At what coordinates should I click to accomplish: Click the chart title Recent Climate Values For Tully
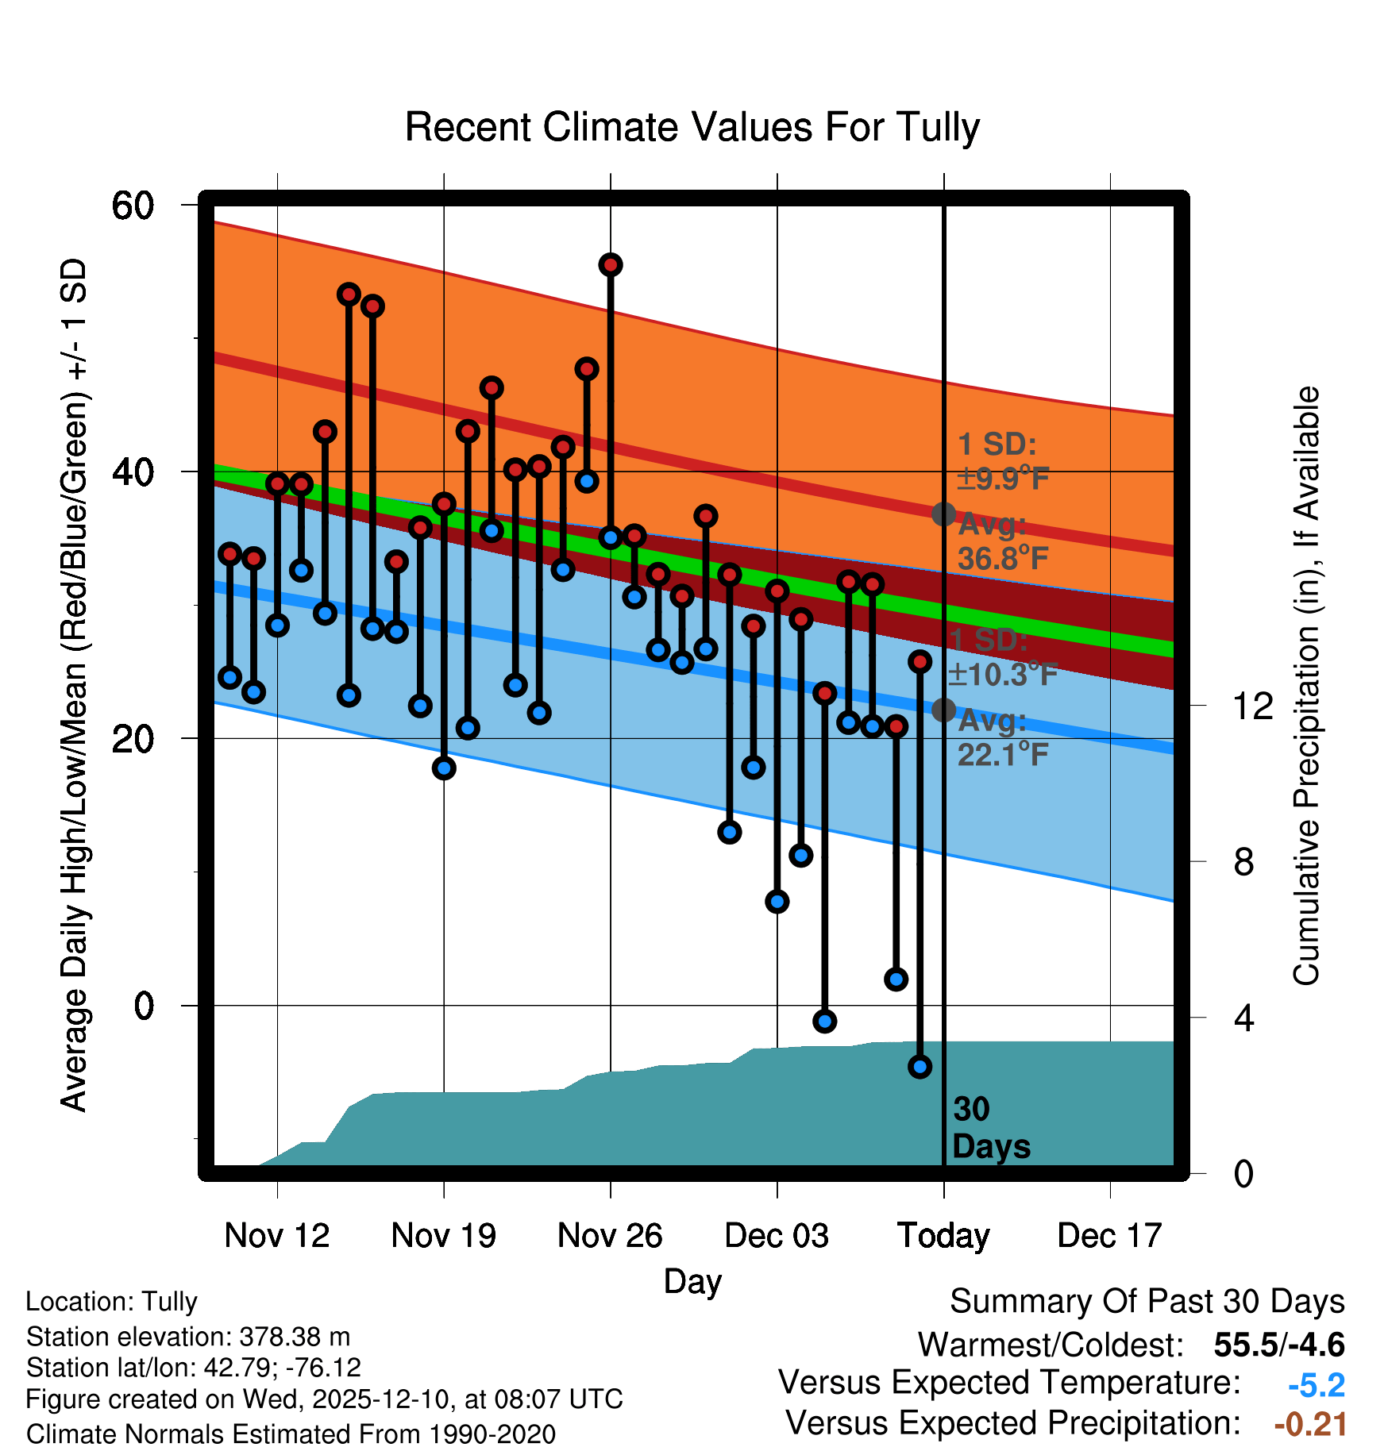[x=692, y=127]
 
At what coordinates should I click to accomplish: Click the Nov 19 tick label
[x=443, y=1235]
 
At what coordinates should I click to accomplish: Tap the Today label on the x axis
[x=943, y=1235]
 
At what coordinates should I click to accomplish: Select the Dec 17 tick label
[x=1109, y=1235]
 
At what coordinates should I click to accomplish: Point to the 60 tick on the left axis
[x=133, y=206]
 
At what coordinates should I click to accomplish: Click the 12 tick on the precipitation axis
[x=1252, y=706]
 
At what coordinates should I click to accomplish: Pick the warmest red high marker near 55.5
[x=610, y=265]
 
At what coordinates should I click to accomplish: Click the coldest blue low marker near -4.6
[x=920, y=1067]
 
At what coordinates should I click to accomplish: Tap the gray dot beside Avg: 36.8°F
[x=943, y=514]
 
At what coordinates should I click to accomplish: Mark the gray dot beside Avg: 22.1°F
[x=943, y=710]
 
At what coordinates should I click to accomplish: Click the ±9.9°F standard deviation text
[x=1002, y=479]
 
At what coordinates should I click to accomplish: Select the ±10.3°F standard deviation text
[x=1002, y=675]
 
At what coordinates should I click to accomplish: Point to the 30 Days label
[x=990, y=1128]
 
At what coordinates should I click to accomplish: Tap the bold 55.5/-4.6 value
[x=1278, y=1345]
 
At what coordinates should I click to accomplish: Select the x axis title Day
[x=692, y=1281]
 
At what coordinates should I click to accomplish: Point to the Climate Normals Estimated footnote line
[x=291, y=1434]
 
